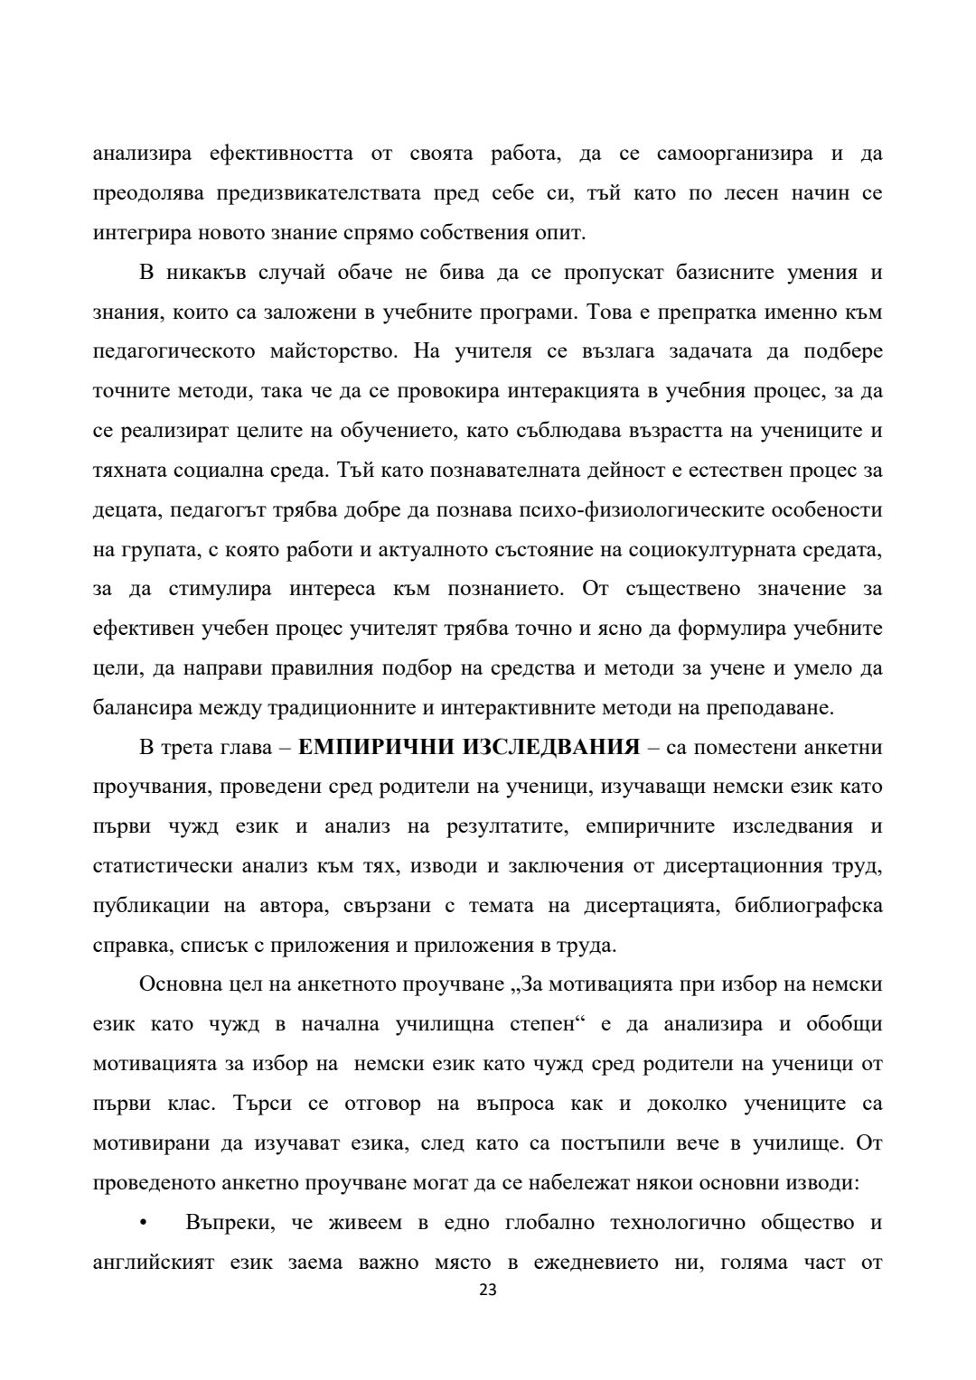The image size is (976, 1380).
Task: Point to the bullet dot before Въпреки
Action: (x=143, y=1224)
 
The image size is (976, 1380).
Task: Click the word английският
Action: (x=154, y=1263)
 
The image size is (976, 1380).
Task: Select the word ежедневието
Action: (x=591, y=1263)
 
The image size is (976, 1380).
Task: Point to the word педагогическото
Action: (x=174, y=351)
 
